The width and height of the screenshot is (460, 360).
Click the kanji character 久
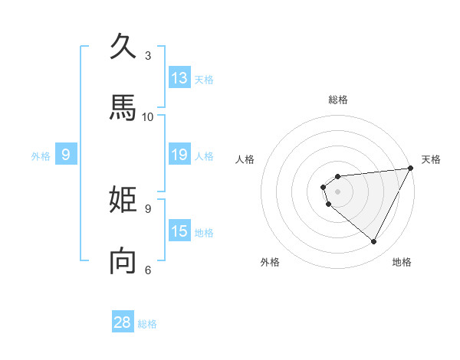pyautogui.click(x=123, y=46)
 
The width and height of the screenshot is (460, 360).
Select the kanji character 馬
pyautogui.click(x=123, y=108)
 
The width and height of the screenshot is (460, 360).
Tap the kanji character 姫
pyautogui.click(x=123, y=200)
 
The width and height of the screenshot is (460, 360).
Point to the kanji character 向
pyautogui.click(x=123, y=261)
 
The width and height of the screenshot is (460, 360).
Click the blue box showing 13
pyautogui.click(x=179, y=78)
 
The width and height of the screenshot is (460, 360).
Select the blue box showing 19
pyautogui.click(x=179, y=155)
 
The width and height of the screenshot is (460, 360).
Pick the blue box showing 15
pyautogui.click(x=179, y=231)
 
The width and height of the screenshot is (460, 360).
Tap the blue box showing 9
pyautogui.click(x=66, y=155)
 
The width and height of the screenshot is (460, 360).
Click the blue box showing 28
pyautogui.click(x=123, y=322)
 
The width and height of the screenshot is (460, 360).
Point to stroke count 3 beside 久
pyautogui.click(x=148, y=55)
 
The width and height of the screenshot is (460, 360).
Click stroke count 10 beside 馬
pyautogui.click(x=148, y=116)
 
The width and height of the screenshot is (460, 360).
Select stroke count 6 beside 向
pyautogui.click(x=148, y=270)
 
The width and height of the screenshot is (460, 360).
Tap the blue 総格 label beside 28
pyautogui.click(x=147, y=324)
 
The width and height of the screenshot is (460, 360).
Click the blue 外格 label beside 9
pyautogui.click(x=41, y=156)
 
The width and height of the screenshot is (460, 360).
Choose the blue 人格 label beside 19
pyautogui.click(x=204, y=156)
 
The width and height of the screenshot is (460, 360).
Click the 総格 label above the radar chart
pyautogui.click(x=338, y=100)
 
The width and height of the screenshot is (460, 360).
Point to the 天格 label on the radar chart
pyautogui.click(x=431, y=159)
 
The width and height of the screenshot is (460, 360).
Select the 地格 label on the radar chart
pyautogui.click(x=402, y=262)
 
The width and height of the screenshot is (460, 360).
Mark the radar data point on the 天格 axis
pyautogui.click(x=411, y=168)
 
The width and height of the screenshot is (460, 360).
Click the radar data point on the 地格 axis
pyautogui.click(x=374, y=242)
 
